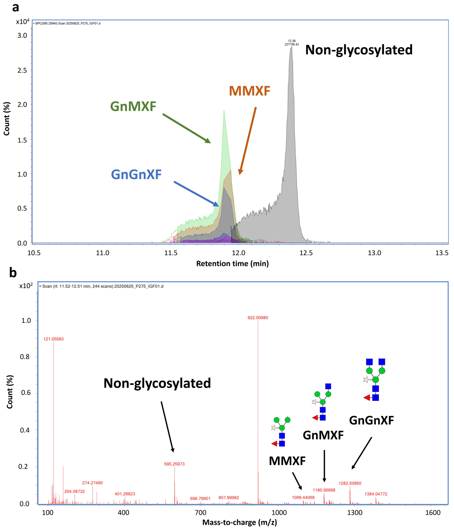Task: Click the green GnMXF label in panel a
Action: coord(133,106)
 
